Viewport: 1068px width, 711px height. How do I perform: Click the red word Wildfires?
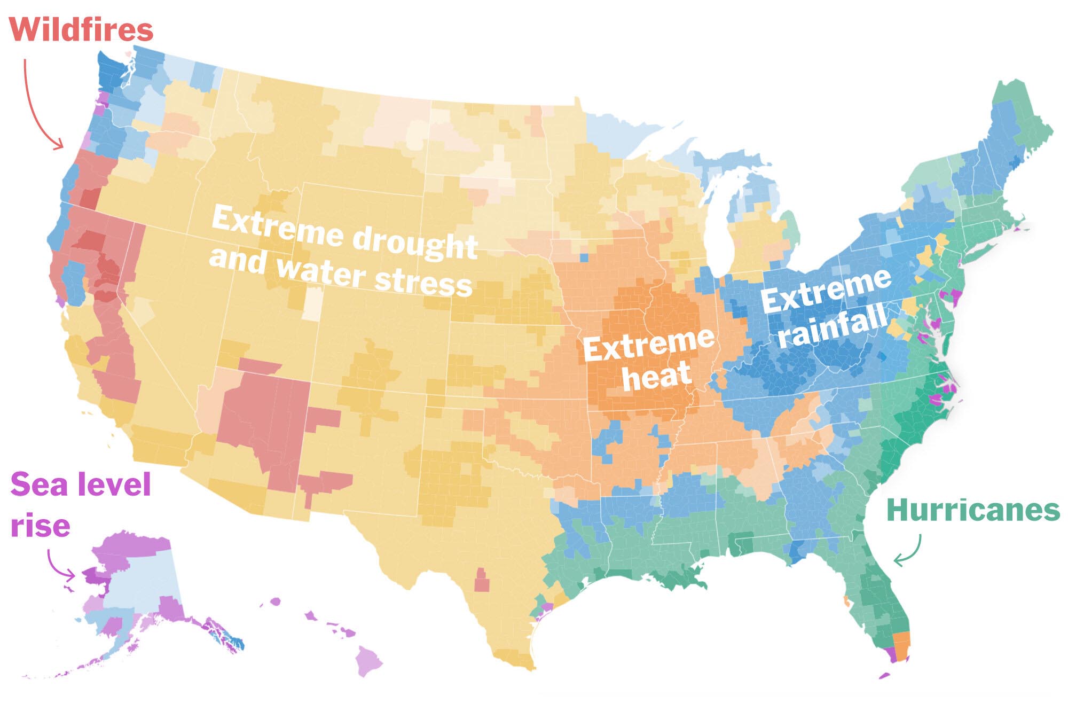[x=81, y=29]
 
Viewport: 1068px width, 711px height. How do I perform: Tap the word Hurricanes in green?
[x=973, y=510]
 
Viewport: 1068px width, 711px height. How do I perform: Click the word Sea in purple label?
[x=36, y=485]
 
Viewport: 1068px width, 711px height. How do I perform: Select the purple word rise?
[x=41, y=526]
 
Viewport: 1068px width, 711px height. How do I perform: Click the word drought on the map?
[x=415, y=241]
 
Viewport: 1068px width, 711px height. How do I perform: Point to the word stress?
[x=423, y=282]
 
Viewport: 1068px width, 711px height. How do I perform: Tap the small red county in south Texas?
[x=482, y=581]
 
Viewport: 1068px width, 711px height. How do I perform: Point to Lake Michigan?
[x=718, y=224]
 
